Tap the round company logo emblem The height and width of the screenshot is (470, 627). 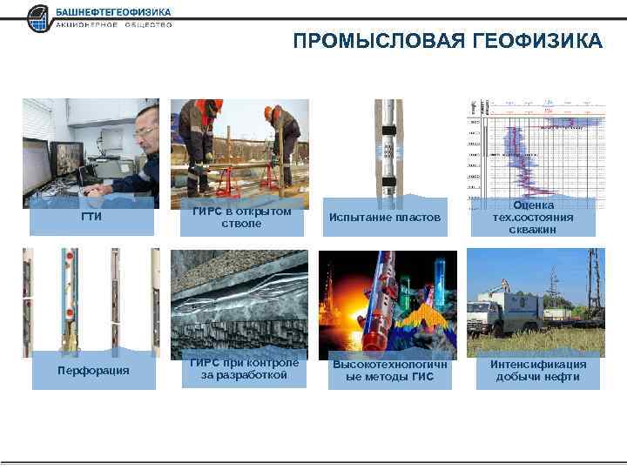tap(39, 17)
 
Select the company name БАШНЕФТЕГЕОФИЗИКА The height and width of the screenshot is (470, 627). tap(112, 12)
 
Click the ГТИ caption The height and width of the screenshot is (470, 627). tap(91, 217)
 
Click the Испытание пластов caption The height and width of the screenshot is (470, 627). tap(384, 217)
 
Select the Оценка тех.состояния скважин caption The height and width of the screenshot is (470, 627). tap(533, 217)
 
